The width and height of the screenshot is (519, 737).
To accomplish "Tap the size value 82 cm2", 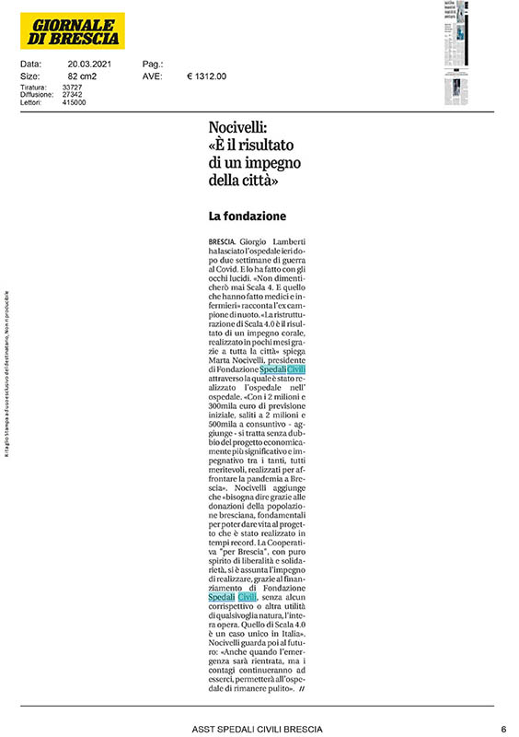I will point(85,76).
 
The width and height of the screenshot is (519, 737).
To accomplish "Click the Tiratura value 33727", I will point(73,87).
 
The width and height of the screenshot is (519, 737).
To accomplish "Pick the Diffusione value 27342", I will point(73,95).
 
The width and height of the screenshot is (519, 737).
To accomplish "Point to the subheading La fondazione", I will point(248,216).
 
